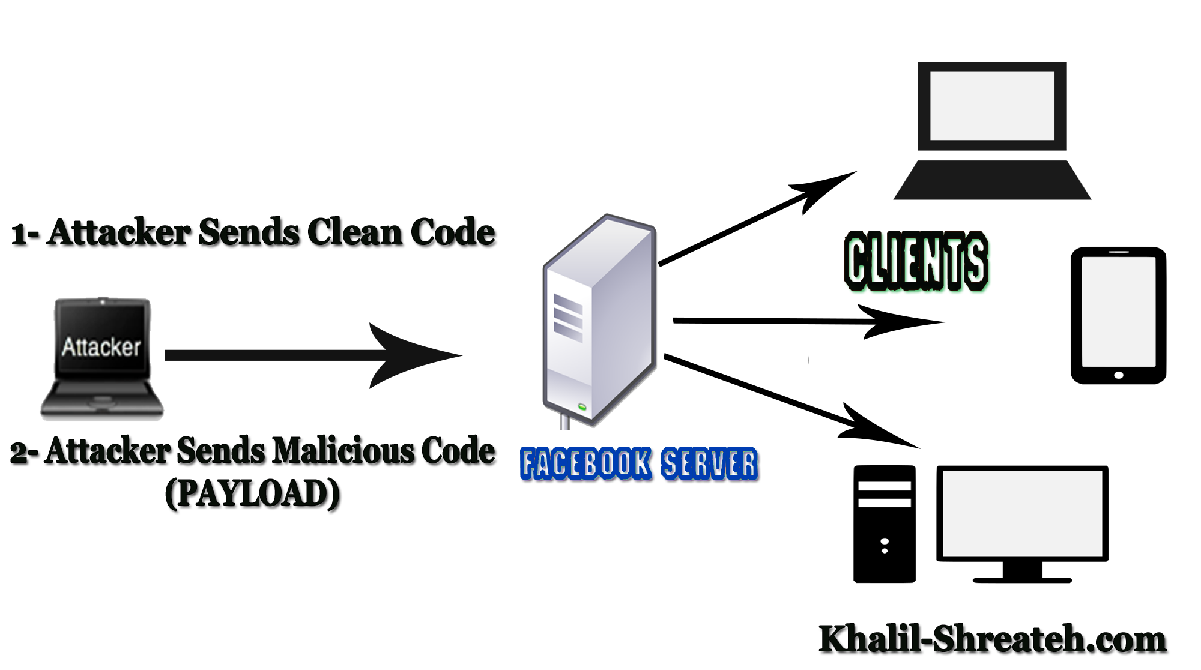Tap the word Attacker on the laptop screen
click(101, 347)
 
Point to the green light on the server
click(582, 408)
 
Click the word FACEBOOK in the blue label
click(585, 463)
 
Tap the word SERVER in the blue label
click(709, 464)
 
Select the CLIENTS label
click(916, 261)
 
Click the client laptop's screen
click(992, 106)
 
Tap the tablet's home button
click(1118, 375)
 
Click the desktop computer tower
click(885, 524)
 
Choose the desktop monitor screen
click(1022, 513)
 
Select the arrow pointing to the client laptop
click(757, 219)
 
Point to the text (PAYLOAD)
click(252, 493)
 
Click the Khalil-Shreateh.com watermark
click(992, 639)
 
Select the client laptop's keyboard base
click(992, 180)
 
